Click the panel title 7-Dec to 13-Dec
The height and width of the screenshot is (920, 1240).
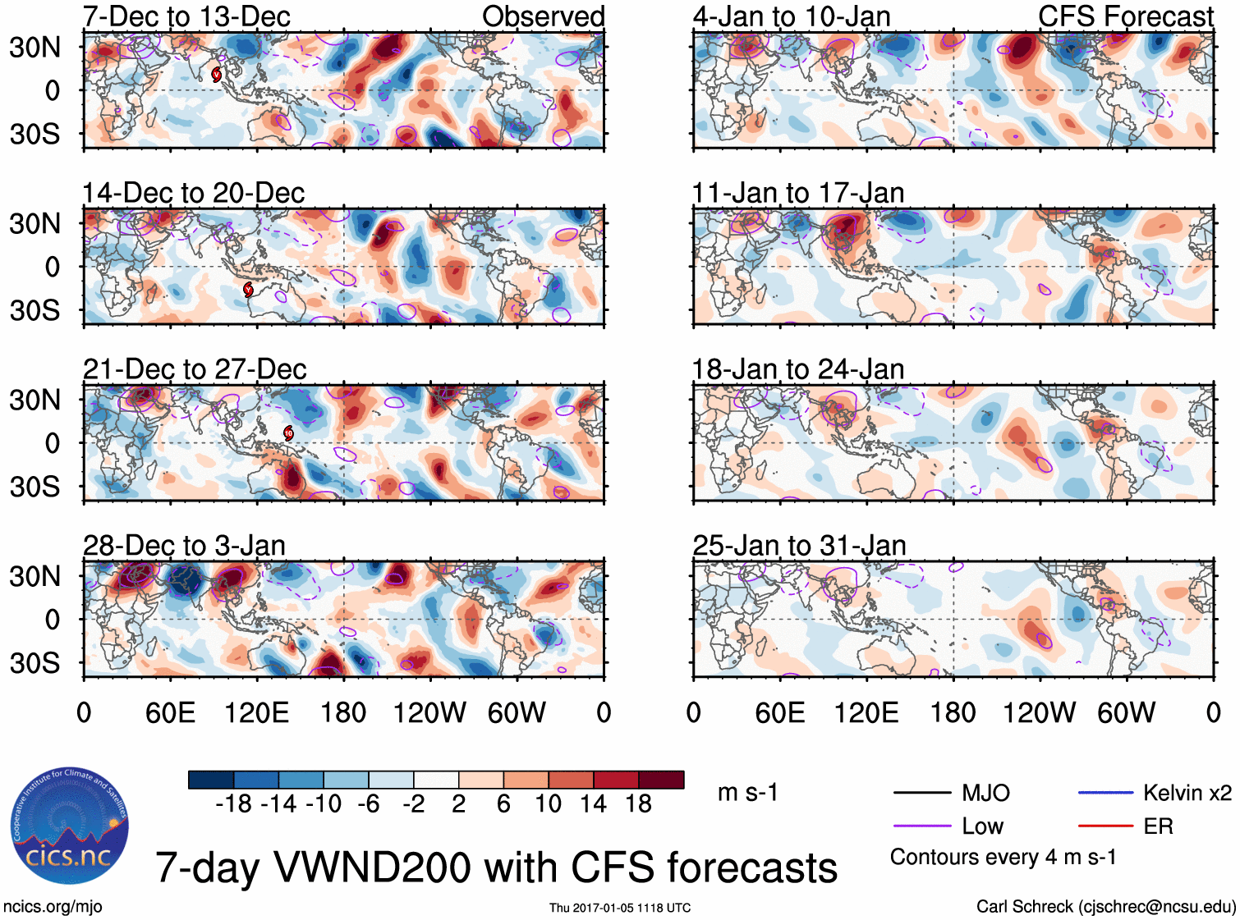tap(186, 16)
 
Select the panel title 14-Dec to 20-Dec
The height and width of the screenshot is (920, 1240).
tap(193, 193)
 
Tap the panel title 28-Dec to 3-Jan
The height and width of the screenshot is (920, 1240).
tap(184, 546)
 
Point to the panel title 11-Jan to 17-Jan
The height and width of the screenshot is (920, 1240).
tap(797, 193)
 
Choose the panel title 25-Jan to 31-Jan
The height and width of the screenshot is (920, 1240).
tap(799, 546)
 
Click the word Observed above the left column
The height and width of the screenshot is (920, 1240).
tap(543, 16)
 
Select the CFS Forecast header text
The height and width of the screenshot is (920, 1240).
tap(1125, 16)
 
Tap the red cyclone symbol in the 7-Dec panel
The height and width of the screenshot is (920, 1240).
tap(217, 75)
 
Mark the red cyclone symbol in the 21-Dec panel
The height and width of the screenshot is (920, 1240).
tap(288, 433)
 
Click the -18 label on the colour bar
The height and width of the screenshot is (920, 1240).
tap(233, 803)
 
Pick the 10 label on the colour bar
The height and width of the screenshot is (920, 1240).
tap(548, 803)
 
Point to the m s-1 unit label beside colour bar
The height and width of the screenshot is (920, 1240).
tap(747, 793)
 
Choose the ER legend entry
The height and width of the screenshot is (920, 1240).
tap(1158, 826)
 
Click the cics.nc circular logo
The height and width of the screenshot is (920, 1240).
tap(69, 826)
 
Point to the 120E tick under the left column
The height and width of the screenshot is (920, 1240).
tap(257, 712)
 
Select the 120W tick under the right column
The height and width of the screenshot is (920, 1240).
tap(1039, 712)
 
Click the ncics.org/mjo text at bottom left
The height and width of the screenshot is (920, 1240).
tap(53, 907)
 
